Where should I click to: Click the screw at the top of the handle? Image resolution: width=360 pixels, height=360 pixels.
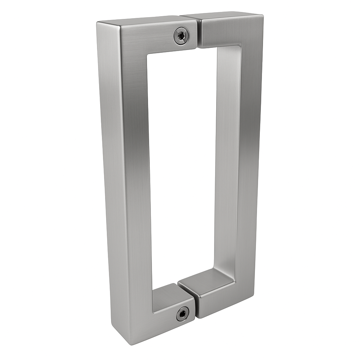pos(181,36)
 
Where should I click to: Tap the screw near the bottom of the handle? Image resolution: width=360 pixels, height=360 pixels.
pos(182,313)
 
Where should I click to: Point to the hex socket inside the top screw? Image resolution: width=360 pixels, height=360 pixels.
pos(181,36)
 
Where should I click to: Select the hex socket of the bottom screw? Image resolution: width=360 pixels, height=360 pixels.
pos(182,313)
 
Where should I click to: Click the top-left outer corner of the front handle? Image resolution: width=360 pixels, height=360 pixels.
pos(98,23)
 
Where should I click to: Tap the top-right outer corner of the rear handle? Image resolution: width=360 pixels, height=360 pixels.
pos(262,15)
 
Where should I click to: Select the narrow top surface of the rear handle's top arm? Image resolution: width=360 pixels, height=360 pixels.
pos(225,15)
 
